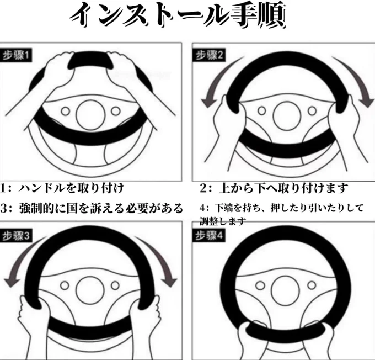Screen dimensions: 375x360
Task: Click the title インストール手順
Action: coord(178,15)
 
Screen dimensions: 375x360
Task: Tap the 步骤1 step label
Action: coord(16,56)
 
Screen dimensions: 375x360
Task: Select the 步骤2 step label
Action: coord(209,55)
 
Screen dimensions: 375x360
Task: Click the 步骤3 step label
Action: coord(16,236)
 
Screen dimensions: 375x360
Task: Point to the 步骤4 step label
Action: coord(209,236)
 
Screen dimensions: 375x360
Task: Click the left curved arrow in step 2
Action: coord(216,79)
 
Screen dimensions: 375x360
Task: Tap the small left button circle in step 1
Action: coord(65,111)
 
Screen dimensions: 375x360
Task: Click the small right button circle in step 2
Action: coord(312,110)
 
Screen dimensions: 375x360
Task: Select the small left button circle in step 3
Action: coord(65,285)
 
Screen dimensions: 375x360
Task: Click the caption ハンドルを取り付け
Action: coord(71,188)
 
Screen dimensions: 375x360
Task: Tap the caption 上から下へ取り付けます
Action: coord(283,188)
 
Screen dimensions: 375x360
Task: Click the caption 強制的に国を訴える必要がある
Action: coord(101,208)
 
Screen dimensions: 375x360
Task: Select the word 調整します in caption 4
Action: coord(222,221)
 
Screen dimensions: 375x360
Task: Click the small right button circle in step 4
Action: coord(312,285)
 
